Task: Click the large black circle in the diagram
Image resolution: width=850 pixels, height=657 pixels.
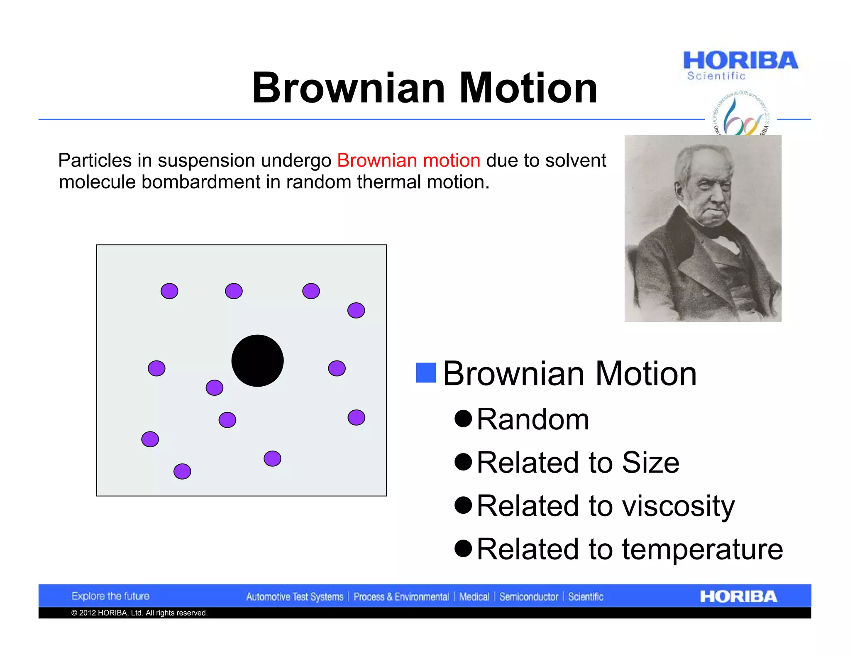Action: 257,360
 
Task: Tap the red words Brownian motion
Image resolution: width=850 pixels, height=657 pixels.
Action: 408,160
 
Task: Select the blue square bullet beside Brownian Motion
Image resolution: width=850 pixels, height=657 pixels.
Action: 426,373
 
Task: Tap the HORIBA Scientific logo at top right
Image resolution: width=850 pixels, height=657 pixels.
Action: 740,65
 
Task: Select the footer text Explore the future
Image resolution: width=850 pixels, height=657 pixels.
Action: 110,596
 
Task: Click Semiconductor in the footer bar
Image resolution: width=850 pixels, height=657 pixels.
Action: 528,597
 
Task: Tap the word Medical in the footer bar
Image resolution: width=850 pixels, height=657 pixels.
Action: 474,597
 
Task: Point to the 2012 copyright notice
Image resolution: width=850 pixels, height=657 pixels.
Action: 139,613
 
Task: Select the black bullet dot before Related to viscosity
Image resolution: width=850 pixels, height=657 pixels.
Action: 463,505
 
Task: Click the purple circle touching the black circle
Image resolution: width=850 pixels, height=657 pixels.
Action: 215,387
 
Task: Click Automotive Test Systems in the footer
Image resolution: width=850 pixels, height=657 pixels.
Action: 295,597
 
